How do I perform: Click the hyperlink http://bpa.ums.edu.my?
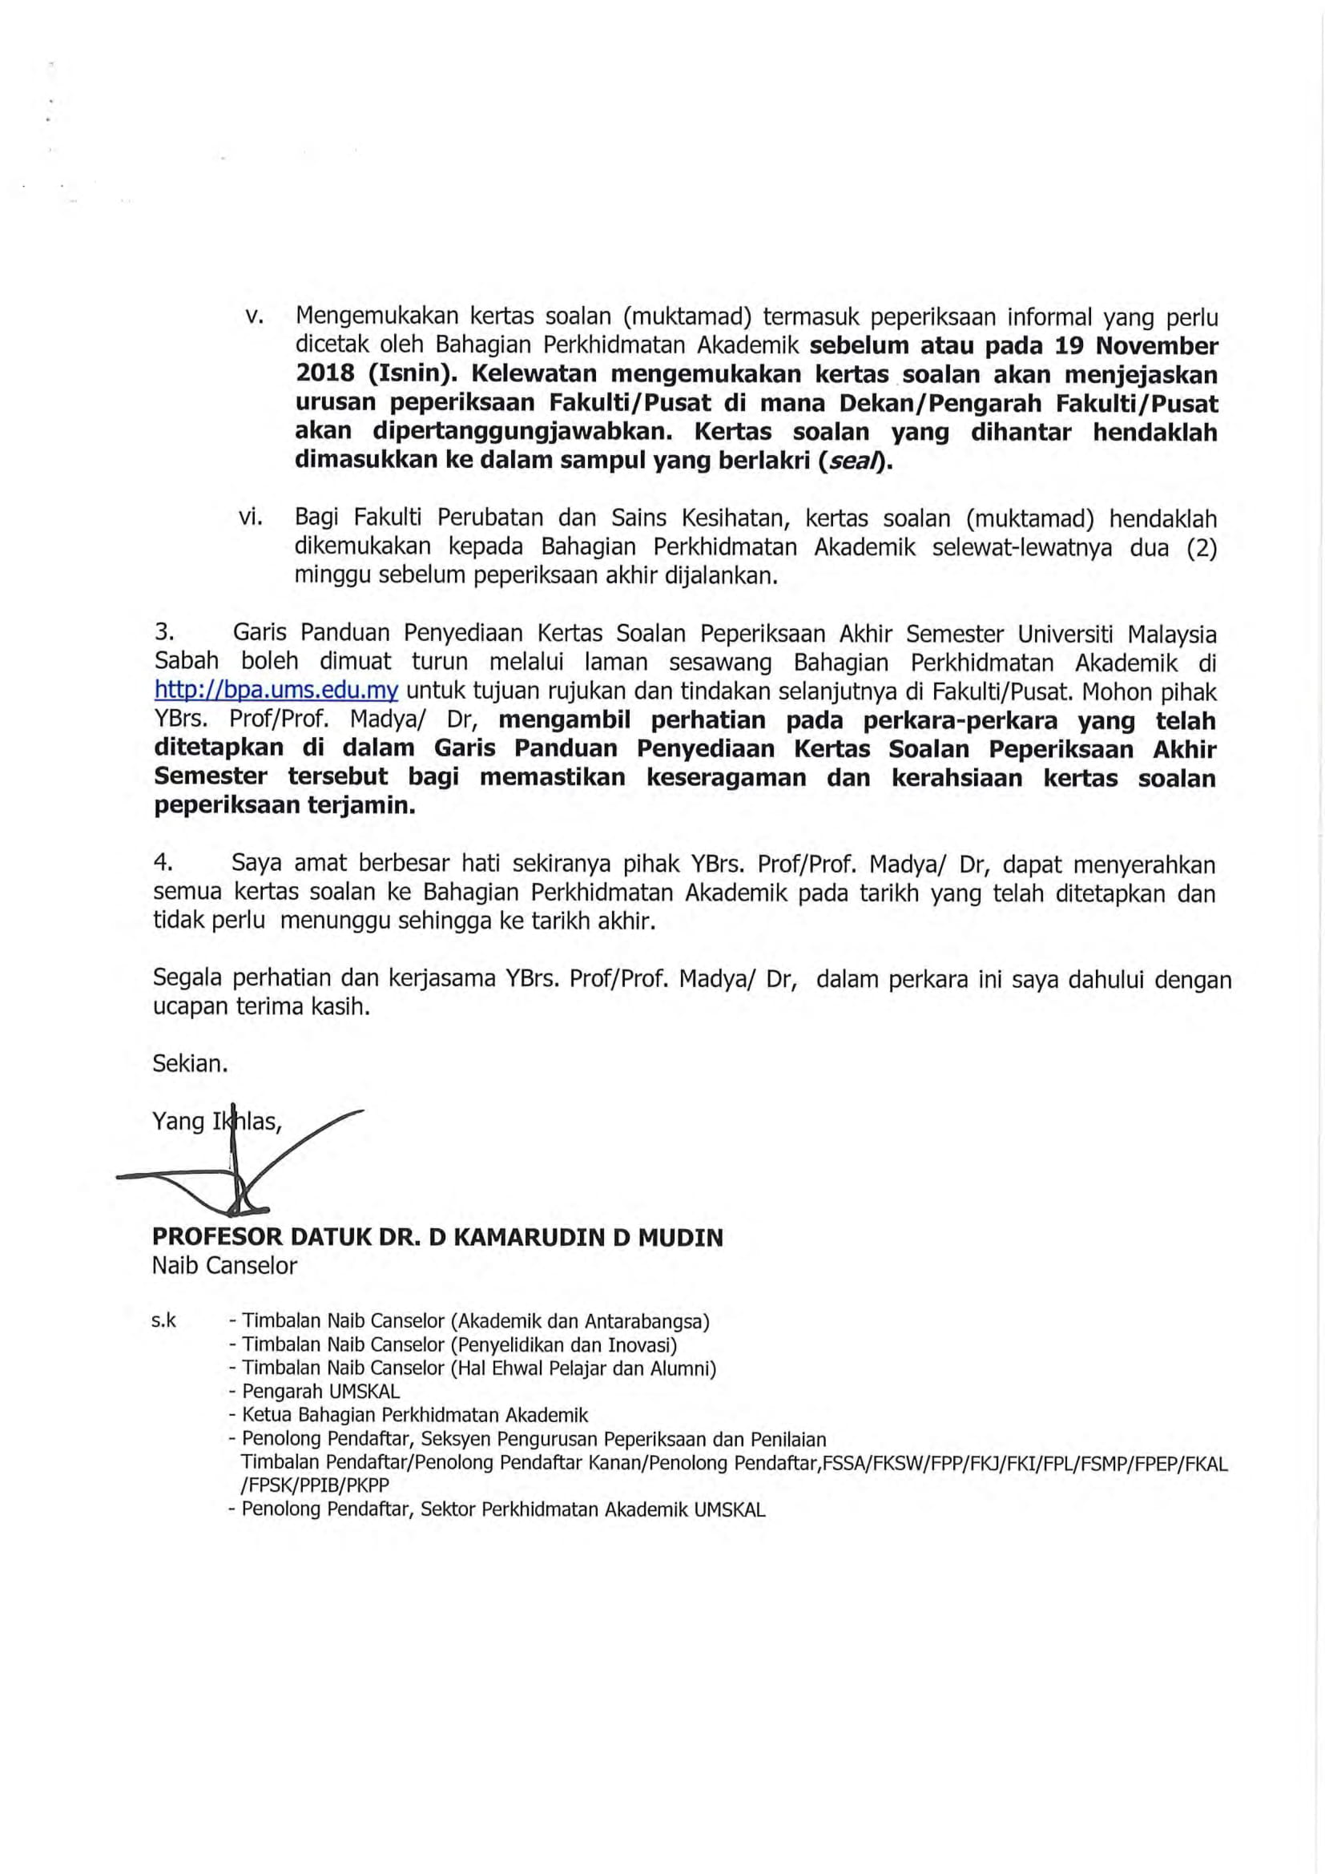[x=276, y=691]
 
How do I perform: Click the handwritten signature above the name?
[x=236, y=1167]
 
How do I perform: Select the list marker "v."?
[x=252, y=316]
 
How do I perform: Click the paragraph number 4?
[x=163, y=864]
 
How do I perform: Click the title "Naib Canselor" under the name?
[x=224, y=1265]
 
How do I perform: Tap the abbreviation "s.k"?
[x=164, y=1320]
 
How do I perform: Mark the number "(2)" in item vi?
[x=1200, y=547]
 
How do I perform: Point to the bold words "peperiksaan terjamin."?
[x=284, y=805]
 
